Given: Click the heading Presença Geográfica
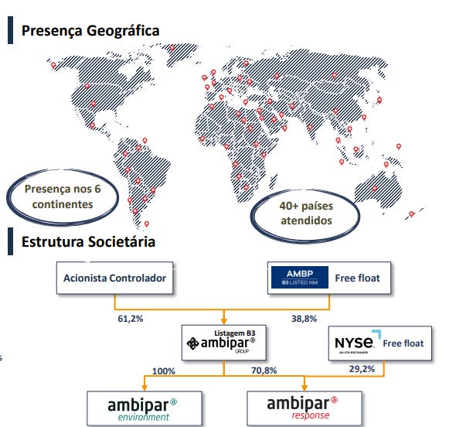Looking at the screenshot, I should coord(90,31).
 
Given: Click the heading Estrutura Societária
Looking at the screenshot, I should coord(88,242).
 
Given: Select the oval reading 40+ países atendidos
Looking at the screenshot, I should coord(306,213).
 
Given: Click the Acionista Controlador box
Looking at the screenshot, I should coord(114,278).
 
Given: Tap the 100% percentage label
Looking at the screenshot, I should coord(164,371).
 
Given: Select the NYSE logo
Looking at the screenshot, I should coord(355,343).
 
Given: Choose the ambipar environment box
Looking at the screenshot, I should coord(144,408).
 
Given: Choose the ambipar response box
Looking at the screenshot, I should coord(302,408).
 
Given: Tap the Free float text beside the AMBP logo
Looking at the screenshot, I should coord(358,278).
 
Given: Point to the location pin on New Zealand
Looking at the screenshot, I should coord(411,213).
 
